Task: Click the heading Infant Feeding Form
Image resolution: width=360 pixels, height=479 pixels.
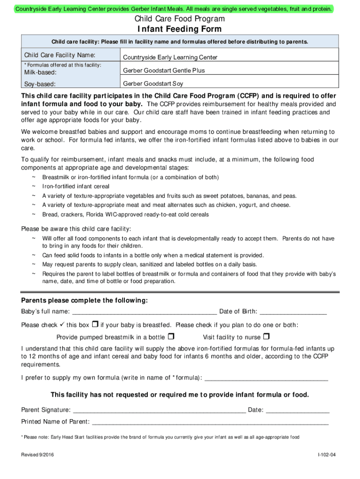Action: pyautogui.click(x=180, y=30)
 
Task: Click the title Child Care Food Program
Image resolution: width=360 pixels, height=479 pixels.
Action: pyautogui.click(x=180, y=19)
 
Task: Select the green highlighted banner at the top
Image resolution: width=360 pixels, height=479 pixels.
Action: pyautogui.click(x=173, y=8)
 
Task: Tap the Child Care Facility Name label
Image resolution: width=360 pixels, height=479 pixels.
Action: pyautogui.click(x=60, y=55)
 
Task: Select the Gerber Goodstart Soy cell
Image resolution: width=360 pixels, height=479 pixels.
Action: pyautogui.click(x=153, y=84)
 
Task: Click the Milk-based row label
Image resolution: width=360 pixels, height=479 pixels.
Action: pyautogui.click(x=41, y=73)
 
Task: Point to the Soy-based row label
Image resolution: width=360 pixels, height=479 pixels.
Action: pyautogui.click(x=40, y=84)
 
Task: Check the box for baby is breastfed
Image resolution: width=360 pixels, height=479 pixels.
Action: pyautogui.click(x=95, y=325)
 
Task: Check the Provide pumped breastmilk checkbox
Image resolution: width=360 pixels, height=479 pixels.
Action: pyautogui.click(x=171, y=336)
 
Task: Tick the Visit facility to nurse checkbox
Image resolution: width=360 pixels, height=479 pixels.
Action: pyautogui.click(x=266, y=336)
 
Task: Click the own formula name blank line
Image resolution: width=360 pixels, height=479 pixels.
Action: pyautogui.click(x=266, y=378)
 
